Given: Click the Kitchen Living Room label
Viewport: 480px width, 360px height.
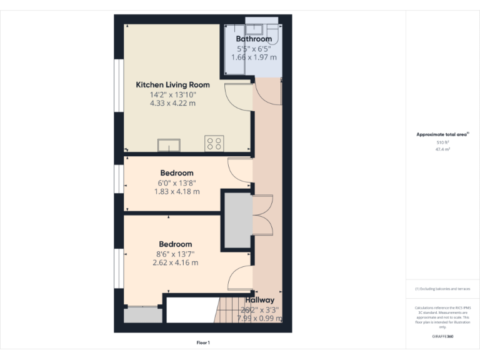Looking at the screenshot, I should pos(172,84).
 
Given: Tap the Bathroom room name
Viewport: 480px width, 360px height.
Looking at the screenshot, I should pos(254,39).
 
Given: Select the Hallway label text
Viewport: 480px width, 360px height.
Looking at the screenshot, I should pos(259,301).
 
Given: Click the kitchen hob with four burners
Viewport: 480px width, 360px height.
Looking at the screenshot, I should pos(214,144).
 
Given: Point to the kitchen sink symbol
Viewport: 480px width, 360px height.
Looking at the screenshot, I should pos(168,146).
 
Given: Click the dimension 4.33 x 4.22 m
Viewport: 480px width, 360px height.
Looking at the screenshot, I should pos(172,103).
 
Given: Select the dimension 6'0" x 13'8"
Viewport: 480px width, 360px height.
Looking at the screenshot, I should pos(177,183).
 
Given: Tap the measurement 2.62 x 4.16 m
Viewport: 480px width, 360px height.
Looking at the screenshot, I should pos(175,263).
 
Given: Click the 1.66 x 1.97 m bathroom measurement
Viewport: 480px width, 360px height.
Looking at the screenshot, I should pos(254,57).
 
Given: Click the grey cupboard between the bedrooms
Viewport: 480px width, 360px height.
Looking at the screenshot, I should pos(237,222).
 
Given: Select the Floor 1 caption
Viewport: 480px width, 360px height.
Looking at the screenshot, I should pos(203,342).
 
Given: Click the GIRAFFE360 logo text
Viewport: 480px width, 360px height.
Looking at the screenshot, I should pos(442,337).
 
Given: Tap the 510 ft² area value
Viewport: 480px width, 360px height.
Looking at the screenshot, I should pos(442,143).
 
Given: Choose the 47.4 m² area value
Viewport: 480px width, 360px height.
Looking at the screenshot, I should pos(442,150).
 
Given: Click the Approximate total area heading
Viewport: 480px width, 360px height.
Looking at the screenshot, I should pos(442,134).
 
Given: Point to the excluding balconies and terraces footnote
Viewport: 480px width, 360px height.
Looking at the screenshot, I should pos(442,289).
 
